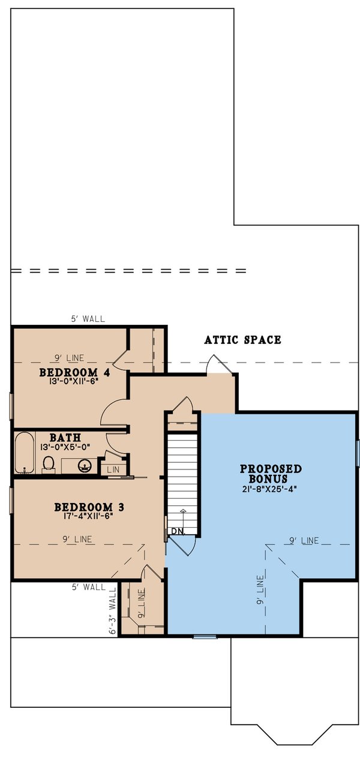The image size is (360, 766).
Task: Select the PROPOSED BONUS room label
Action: pos(271,474)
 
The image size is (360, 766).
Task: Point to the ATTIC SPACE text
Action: pos(242,340)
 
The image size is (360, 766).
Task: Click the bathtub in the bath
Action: pos(25,453)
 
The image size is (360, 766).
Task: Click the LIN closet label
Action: pos(112,469)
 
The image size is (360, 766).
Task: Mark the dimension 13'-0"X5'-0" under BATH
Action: pos(65,447)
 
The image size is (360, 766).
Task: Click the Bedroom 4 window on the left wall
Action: pos(11,406)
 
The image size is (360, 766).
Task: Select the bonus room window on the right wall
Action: pos(358,453)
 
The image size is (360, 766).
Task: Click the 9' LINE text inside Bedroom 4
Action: pos(70,358)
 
